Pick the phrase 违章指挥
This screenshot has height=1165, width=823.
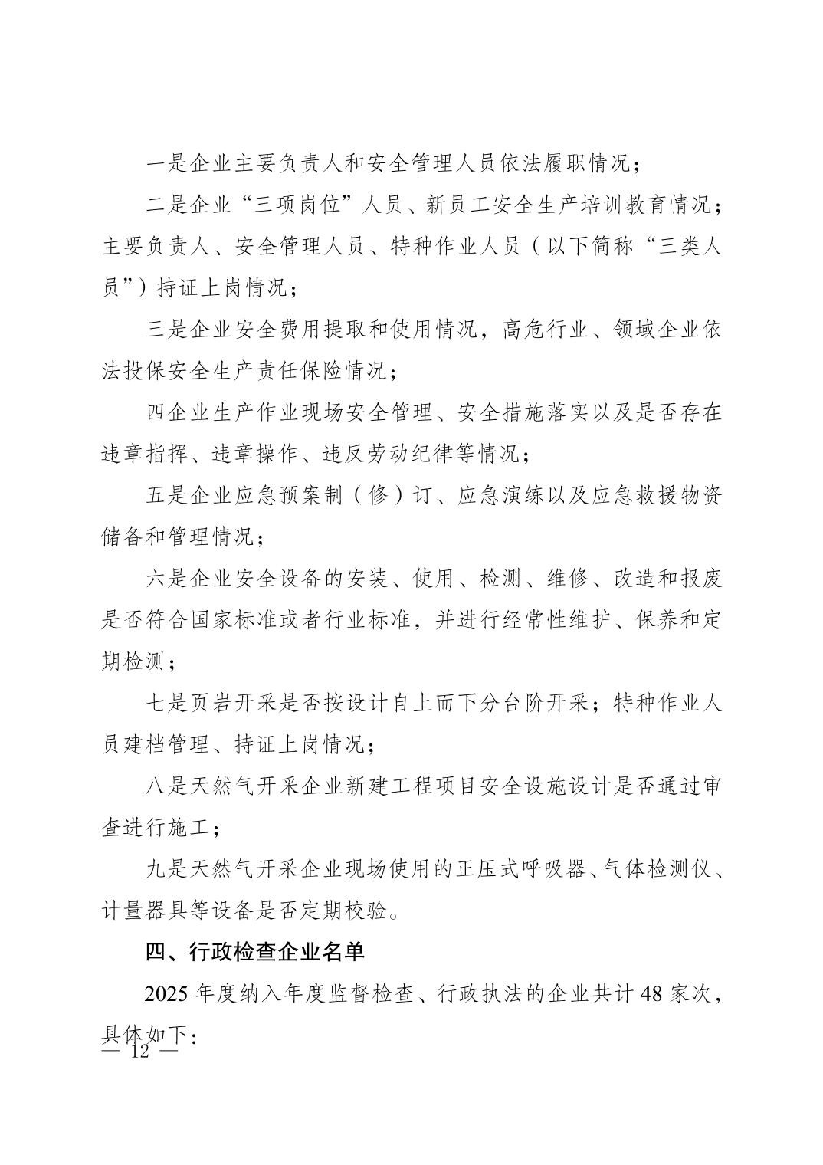[x=145, y=454]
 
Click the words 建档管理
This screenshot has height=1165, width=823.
[x=167, y=744]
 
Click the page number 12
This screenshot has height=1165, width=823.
[x=139, y=1051]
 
